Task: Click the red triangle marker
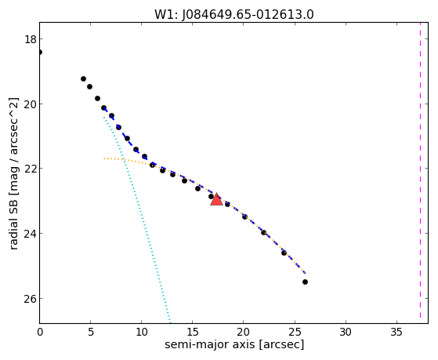(216, 199)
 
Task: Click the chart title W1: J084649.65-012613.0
(234, 14)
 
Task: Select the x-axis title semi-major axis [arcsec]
(234, 344)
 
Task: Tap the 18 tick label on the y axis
(31, 39)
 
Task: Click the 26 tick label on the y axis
(31, 299)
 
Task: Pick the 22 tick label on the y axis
(31, 169)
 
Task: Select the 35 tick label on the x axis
(396, 332)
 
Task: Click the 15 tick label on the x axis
(193, 332)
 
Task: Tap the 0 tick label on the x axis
(40, 332)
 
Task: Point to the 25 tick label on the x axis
(295, 332)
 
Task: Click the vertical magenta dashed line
(420, 170)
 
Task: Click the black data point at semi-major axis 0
(39, 52)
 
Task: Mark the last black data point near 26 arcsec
(305, 282)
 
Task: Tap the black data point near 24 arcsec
(284, 253)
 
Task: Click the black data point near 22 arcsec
(263, 232)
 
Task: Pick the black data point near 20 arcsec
(244, 216)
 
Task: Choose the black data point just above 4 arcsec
(83, 79)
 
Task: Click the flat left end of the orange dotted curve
(104, 158)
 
